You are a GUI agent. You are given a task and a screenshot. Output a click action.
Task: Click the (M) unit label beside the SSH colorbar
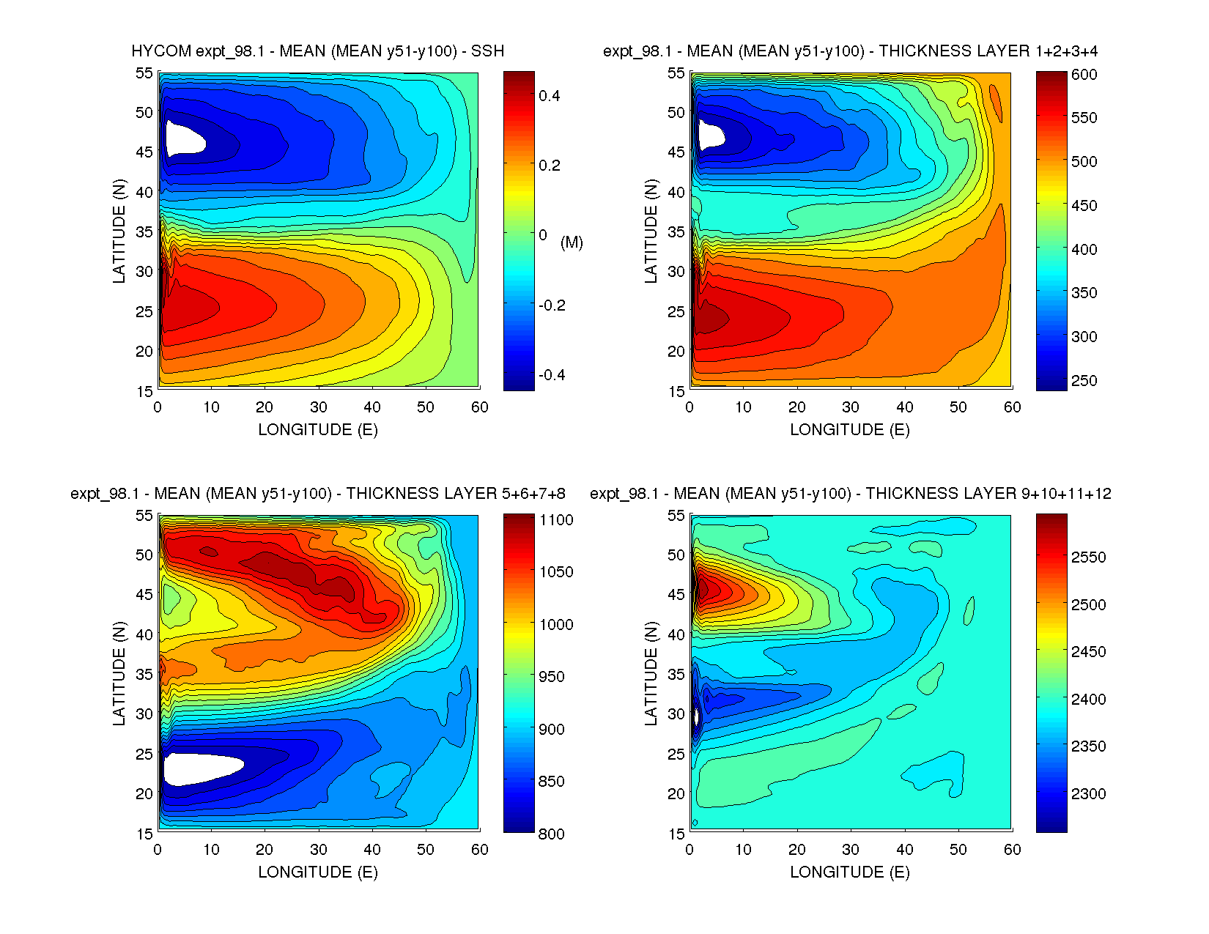pyautogui.click(x=572, y=242)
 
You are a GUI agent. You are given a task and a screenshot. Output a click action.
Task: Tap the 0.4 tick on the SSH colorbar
pyautogui.click(x=550, y=96)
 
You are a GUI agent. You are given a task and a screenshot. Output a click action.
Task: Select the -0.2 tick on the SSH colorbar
pyautogui.click(x=552, y=305)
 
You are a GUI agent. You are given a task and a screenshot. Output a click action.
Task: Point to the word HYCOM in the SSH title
pyautogui.click(x=161, y=51)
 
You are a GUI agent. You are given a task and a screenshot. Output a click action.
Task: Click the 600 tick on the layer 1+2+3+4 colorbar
pyautogui.click(x=1084, y=74)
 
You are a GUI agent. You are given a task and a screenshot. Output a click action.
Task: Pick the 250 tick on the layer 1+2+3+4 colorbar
pyautogui.click(x=1084, y=380)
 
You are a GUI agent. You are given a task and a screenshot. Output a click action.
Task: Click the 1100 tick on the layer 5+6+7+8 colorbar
pyautogui.click(x=556, y=520)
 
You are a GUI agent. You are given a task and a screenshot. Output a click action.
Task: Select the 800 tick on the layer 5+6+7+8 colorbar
pyautogui.click(x=551, y=834)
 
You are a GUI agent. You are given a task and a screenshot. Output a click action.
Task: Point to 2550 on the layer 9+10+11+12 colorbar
pyautogui.click(x=1088, y=557)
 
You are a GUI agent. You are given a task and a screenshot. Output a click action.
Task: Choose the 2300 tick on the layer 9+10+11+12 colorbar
pyautogui.click(x=1088, y=793)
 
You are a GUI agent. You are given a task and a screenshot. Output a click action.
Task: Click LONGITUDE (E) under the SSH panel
pyautogui.click(x=318, y=430)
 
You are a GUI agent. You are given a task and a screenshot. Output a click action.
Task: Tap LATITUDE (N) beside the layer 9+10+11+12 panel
pyautogui.click(x=651, y=673)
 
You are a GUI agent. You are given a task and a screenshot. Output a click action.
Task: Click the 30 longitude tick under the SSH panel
pyautogui.click(x=318, y=407)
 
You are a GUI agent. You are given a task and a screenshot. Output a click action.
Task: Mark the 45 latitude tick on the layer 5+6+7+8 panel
pyautogui.click(x=144, y=595)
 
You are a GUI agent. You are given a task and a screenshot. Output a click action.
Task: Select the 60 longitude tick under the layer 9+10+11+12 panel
pyautogui.click(x=1012, y=850)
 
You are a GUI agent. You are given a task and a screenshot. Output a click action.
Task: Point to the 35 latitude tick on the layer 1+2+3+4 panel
pyautogui.click(x=676, y=231)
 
